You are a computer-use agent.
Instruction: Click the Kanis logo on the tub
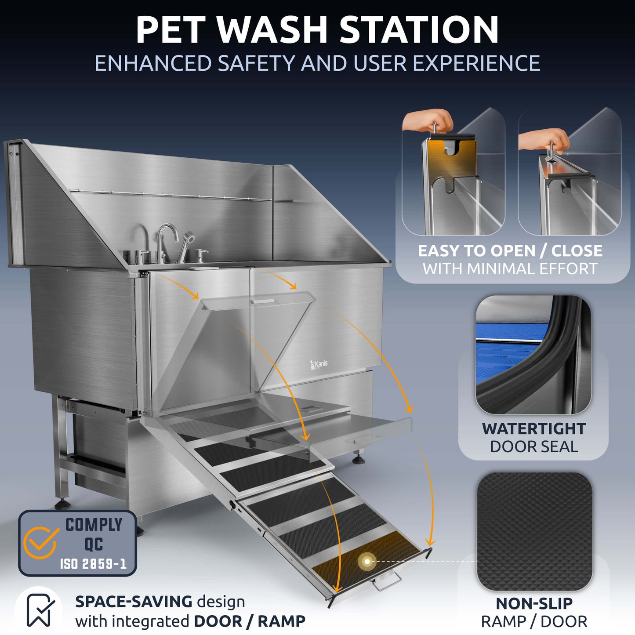(x=319, y=364)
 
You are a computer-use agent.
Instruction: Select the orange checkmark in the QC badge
(x=41, y=542)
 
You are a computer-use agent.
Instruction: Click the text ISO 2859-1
(x=93, y=564)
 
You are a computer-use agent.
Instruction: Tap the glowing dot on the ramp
(x=367, y=561)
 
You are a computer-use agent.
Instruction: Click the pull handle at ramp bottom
(x=387, y=583)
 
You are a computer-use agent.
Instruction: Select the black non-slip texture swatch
(x=534, y=531)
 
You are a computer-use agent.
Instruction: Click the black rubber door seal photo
(x=533, y=355)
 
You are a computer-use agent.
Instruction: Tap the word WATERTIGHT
(x=534, y=428)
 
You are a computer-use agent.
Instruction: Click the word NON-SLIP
(x=534, y=603)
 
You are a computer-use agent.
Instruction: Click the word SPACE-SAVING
(x=134, y=601)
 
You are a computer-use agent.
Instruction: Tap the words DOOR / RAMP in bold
(x=250, y=621)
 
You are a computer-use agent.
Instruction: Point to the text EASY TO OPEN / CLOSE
(x=510, y=250)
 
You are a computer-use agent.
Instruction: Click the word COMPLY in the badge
(x=94, y=525)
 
